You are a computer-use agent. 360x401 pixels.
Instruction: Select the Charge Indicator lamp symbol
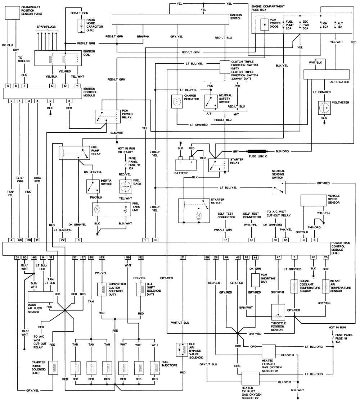(177, 102)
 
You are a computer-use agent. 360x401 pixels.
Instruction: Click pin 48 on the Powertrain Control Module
(251, 239)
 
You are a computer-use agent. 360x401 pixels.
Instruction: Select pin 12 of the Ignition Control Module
(65, 86)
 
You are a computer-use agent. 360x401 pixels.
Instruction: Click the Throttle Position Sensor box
(278, 313)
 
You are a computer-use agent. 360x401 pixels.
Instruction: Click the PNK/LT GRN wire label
(226, 229)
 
